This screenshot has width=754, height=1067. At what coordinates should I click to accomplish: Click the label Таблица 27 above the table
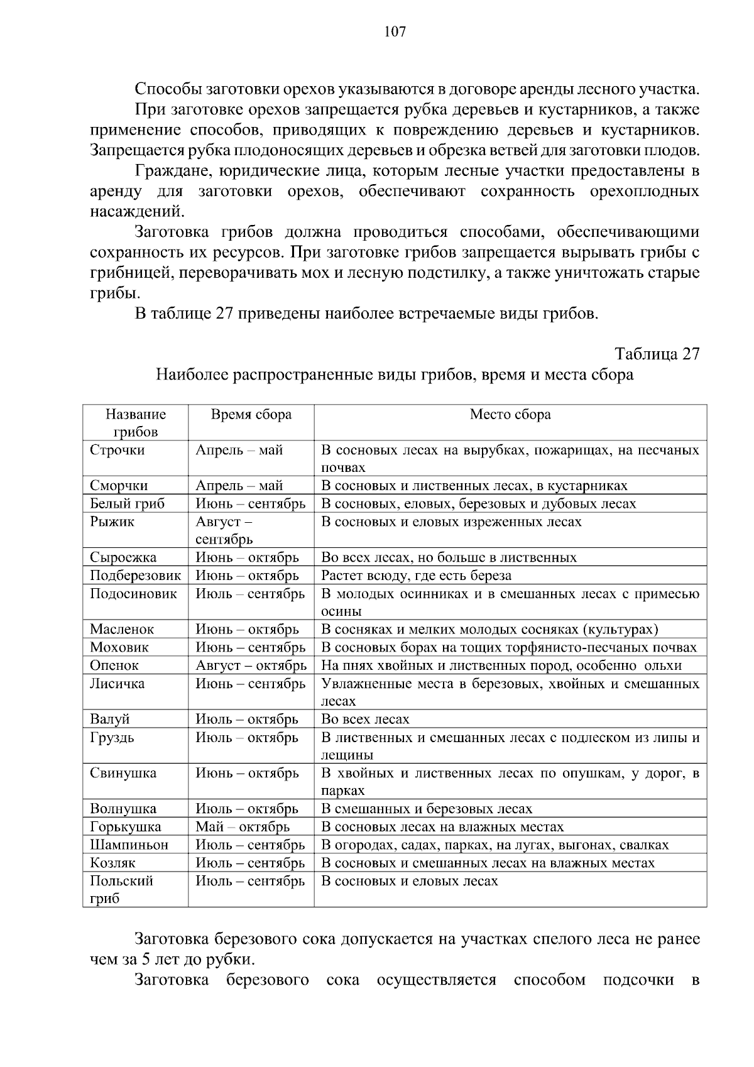(657, 354)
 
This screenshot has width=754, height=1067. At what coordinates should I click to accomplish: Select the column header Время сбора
(251, 415)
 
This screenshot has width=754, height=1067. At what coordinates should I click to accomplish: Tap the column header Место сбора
(510, 415)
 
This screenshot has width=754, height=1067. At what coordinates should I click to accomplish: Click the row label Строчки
(117, 451)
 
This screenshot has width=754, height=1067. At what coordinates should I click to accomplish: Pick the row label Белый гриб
(127, 504)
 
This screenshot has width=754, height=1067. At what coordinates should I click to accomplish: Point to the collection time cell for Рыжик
(224, 530)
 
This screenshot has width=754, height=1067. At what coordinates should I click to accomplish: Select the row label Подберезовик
(135, 576)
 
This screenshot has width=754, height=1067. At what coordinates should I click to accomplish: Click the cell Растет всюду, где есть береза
(416, 576)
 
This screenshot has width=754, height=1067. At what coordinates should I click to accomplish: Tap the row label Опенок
(114, 665)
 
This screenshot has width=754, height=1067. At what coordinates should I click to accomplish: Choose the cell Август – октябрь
(251, 665)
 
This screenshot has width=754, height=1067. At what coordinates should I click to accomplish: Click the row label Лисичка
(117, 684)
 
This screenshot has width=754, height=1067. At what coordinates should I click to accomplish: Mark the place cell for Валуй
(365, 720)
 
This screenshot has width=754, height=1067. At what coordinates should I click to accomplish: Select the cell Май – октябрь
(243, 827)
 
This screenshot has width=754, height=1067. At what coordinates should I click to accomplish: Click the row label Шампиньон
(129, 845)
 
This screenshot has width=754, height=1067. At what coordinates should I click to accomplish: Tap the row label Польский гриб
(121, 890)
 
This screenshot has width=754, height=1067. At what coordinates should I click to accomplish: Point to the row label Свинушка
(123, 774)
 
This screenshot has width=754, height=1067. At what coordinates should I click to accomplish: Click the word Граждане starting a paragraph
(167, 171)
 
